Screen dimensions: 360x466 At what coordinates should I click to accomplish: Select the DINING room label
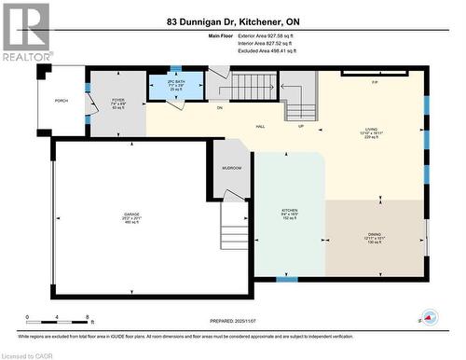point(373,237)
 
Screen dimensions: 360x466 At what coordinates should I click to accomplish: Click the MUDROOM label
point(232,168)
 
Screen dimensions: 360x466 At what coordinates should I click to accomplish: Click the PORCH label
point(62,101)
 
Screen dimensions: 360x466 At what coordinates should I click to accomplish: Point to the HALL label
point(263,127)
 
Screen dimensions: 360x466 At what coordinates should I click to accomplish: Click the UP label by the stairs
point(300,126)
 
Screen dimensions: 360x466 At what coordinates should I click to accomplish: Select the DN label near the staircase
point(220,108)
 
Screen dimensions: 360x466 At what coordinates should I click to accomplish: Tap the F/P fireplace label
point(375,83)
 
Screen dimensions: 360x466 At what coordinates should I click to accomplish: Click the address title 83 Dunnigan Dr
point(232,21)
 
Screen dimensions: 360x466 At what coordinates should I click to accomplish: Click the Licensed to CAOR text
point(29,353)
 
